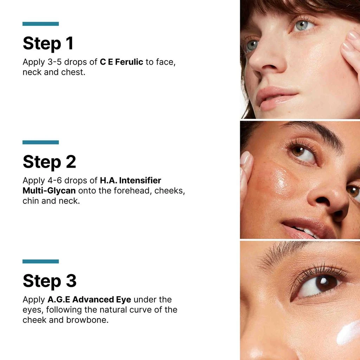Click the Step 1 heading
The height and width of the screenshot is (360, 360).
[x=48, y=43]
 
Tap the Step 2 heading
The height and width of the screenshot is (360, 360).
[x=49, y=162]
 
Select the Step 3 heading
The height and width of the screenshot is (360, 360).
[x=50, y=281]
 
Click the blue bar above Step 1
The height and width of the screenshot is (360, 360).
[x=40, y=24]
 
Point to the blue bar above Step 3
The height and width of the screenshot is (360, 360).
[x=40, y=262]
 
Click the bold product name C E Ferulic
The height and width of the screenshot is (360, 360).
[x=121, y=62]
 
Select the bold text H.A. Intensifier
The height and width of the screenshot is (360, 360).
[x=130, y=181]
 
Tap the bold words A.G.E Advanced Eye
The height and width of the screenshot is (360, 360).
[x=89, y=300]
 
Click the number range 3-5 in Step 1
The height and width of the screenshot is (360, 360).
[x=56, y=62]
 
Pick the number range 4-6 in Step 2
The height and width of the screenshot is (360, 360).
[x=56, y=181]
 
